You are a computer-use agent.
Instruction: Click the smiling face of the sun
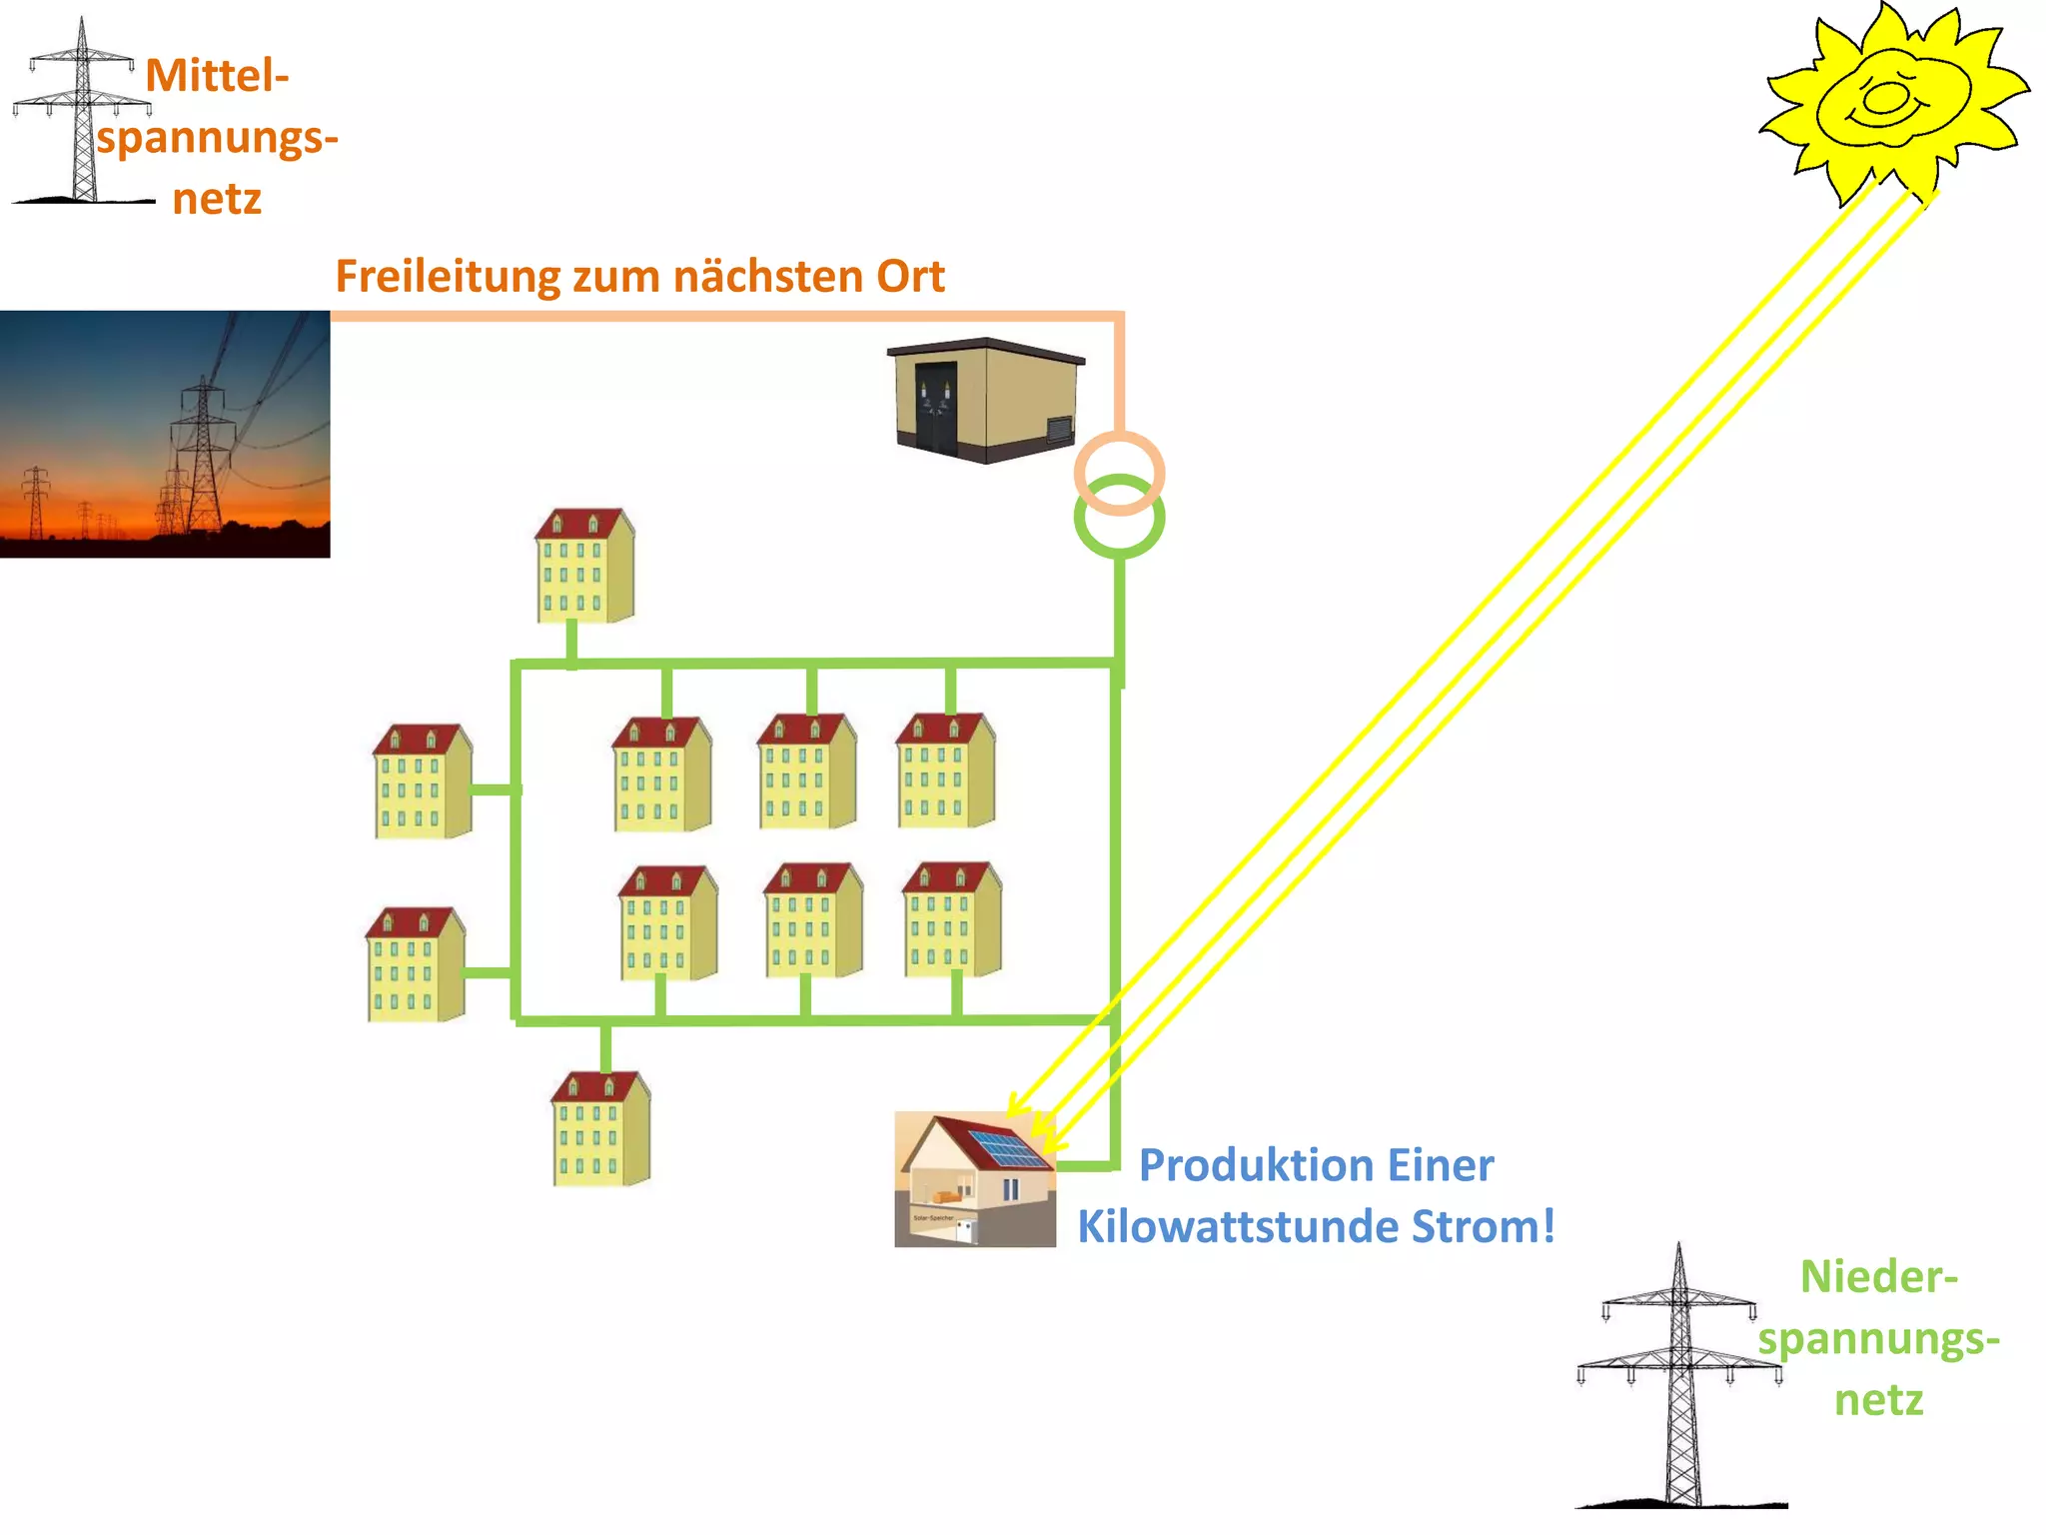point(1888,100)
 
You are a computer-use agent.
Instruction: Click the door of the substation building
point(935,408)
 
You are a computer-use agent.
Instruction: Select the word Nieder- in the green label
point(1878,1277)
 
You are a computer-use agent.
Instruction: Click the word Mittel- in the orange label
point(217,76)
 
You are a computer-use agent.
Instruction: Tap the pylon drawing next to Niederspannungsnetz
point(1680,1379)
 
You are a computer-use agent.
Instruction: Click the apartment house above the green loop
point(584,566)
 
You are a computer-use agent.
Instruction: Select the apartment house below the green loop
point(600,1129)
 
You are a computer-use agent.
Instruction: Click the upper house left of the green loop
point(422,781)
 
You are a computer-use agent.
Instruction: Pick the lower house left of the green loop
point(415,964)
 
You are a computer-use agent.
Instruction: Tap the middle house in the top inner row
point(806,771)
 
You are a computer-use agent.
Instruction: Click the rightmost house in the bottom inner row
point(951,919)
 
